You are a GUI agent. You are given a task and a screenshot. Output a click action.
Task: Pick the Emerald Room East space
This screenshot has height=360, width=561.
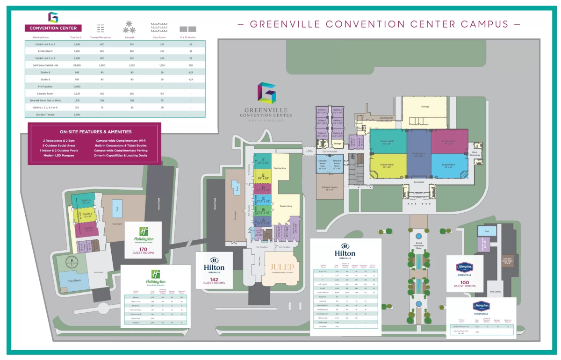(x=322, y=164)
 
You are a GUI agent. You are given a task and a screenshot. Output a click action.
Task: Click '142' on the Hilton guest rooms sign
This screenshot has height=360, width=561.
(x=214, y=279)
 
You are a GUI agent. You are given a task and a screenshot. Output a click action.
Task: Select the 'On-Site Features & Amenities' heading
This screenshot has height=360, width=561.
(x=95, y=132)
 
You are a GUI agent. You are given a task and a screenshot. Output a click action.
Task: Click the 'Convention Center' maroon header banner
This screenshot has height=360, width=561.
(x=53, y=28)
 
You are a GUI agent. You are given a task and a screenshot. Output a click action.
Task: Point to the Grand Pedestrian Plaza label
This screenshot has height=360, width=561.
(x=419, y=246)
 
